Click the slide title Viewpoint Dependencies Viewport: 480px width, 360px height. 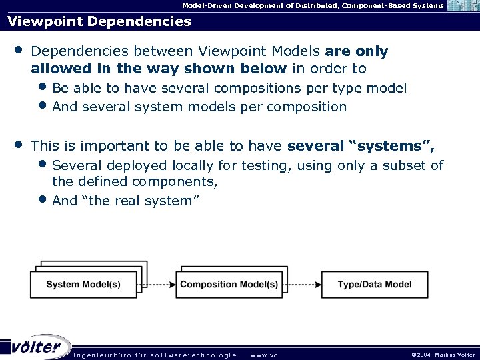99,21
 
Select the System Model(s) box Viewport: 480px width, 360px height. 83,285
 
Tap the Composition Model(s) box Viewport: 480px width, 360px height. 229,285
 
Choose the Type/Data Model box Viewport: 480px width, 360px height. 375,285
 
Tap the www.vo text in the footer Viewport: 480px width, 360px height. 264,355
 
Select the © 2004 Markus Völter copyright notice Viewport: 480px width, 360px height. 443,355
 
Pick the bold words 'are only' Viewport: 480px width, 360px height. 356,51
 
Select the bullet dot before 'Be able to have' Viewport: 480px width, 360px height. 43,87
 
